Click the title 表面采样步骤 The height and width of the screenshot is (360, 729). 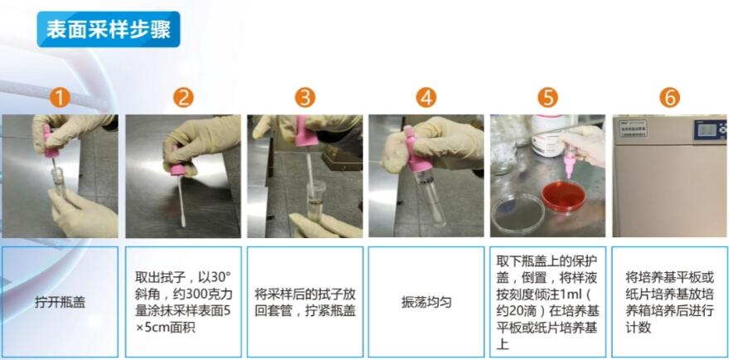point(109,29)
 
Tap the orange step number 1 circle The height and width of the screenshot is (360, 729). point(60,98)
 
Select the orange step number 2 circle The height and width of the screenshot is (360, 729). point(183,98)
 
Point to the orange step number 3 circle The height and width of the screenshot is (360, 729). point(305,98)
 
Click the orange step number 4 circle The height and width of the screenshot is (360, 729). point(426,98)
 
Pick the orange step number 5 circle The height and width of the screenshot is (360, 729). point(547,98)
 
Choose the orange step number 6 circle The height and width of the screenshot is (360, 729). point(669,98)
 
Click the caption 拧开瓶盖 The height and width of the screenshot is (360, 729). point(60,302)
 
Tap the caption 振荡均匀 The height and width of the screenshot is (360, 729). point(426,302)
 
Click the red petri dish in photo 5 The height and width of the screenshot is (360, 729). point(563,196)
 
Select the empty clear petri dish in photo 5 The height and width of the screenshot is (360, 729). point(518,213)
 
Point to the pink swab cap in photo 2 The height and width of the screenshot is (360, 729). point(178,169)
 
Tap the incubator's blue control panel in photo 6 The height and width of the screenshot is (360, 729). point(710,129)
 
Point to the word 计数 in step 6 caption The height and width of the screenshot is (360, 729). point(639,328)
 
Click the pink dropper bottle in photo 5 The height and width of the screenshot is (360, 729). point(568,160)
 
